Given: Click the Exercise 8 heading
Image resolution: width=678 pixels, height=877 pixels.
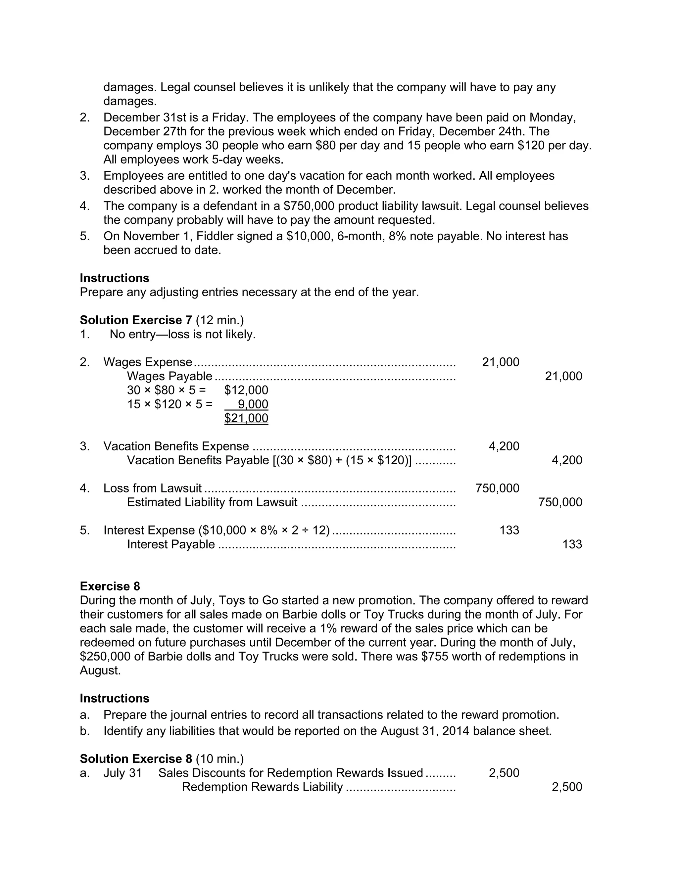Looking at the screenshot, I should point(110,586).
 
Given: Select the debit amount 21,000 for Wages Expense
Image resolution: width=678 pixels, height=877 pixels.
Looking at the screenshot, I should point(501,362).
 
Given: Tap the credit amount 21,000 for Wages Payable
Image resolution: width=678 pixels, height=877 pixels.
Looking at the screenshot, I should point(563,376).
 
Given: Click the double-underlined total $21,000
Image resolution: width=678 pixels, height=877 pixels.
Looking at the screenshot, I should point(246,418).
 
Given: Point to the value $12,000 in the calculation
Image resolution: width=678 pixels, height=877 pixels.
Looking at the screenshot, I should point(246,390).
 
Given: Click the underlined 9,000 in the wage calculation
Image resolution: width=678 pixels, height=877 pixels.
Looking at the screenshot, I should point(253,404).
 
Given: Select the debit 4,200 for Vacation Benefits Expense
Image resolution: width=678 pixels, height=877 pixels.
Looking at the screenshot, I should point(504,446).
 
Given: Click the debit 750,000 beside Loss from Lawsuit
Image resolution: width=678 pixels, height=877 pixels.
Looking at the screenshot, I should point(497,488).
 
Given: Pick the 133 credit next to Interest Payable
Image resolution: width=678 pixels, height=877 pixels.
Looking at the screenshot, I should point(572,544).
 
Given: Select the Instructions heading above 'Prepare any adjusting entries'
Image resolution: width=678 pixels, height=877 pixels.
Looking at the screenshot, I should point(115,278).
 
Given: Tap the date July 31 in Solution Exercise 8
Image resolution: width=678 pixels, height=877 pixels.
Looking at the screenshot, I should point(122,773).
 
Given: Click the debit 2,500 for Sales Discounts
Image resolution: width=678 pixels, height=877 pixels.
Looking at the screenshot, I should point(504,773).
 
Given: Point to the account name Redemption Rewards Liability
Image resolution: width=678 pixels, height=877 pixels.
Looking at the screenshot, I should point(262,787).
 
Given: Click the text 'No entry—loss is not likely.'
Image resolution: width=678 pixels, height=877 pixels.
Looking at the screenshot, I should point(183,334).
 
